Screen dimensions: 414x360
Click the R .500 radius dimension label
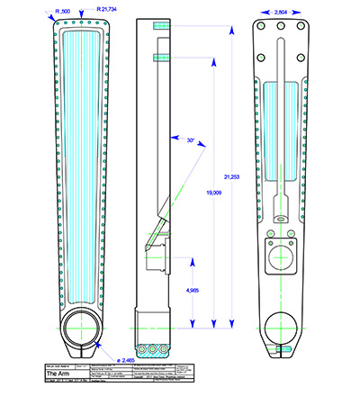pyautogui.click(x=64, y=10)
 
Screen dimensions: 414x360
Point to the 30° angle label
pyautogui.click(x=191, y=141)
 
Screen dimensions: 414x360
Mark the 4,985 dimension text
pyautogui.click(x=193, y=291)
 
